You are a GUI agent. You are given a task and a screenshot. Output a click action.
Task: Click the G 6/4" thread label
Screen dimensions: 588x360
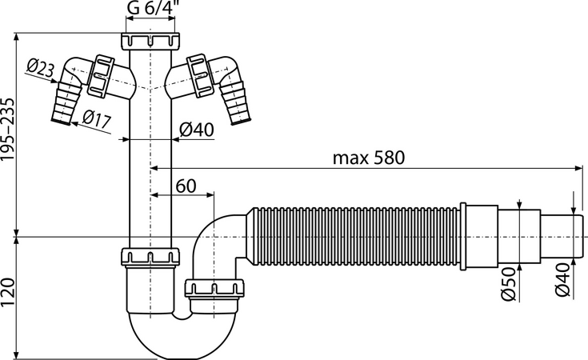click(x=151, y=8)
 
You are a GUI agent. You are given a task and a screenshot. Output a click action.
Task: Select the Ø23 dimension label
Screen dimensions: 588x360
click(x=41, y=69)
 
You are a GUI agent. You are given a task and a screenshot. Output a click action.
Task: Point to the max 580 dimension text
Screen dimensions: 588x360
click(x=369, y=158)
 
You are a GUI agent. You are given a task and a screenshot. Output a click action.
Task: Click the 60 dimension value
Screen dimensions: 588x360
click(x=186, y=186)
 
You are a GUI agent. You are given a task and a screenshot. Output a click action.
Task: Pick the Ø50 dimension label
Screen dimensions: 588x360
click(x=509, y=284)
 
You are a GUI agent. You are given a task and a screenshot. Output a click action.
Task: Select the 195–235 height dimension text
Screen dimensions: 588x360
click(x=7, y=130)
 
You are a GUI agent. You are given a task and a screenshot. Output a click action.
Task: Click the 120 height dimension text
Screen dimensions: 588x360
click(x=7, y=292)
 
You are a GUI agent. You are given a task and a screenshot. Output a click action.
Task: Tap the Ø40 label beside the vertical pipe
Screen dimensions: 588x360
click(x=197, y=130)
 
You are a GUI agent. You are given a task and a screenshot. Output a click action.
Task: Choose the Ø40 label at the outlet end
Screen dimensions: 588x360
click(x=562, y=280)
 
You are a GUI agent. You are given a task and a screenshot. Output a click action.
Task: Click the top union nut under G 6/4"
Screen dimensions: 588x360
click(x=150, y=41)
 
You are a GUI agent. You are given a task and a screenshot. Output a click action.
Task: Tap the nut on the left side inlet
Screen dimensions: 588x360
click(x=100, y=74)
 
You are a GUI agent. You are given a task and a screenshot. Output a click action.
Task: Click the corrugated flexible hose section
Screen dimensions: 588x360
click(x=353, y=237)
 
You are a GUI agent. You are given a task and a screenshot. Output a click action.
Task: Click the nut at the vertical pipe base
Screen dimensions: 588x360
click(x=150, y=257)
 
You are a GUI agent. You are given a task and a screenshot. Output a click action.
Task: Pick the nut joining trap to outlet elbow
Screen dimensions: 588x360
click(x=214, y=288)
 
